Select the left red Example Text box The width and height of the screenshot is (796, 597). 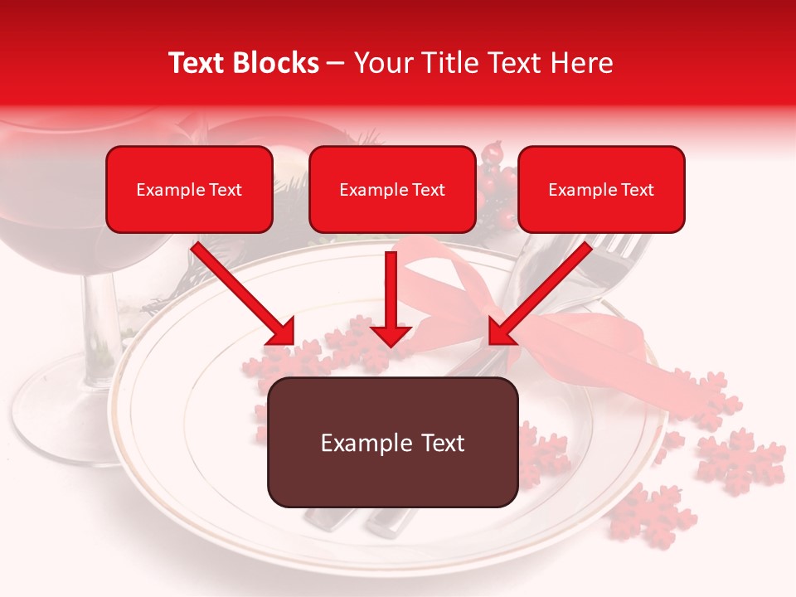pos(189,189)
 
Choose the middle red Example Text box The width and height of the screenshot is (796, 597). pos(392,189)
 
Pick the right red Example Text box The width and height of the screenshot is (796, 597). pos(601,189)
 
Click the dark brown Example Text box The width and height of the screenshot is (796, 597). pos(392,442)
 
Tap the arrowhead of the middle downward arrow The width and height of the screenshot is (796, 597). pos(391,335)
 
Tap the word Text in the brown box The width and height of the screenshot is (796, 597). pos(439,443)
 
